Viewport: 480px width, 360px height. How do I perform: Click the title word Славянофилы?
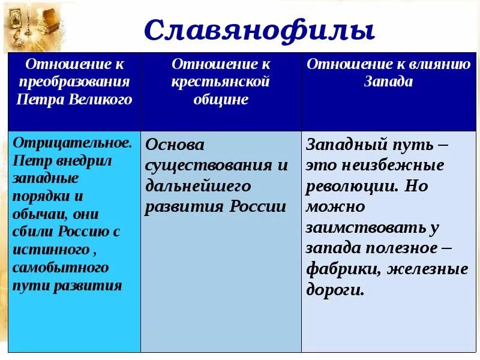point(259,30)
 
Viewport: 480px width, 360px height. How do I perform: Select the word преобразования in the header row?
point(74,82)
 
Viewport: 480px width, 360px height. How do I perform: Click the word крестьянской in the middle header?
point(221,82)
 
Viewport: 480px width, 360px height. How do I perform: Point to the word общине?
point(221,100)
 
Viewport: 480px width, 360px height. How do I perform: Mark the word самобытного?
point(61,267)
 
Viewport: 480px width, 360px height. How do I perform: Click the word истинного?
point(51,250)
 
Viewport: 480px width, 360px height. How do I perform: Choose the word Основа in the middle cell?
point(175,145)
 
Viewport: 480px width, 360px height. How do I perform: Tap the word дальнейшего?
point(199,186)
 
